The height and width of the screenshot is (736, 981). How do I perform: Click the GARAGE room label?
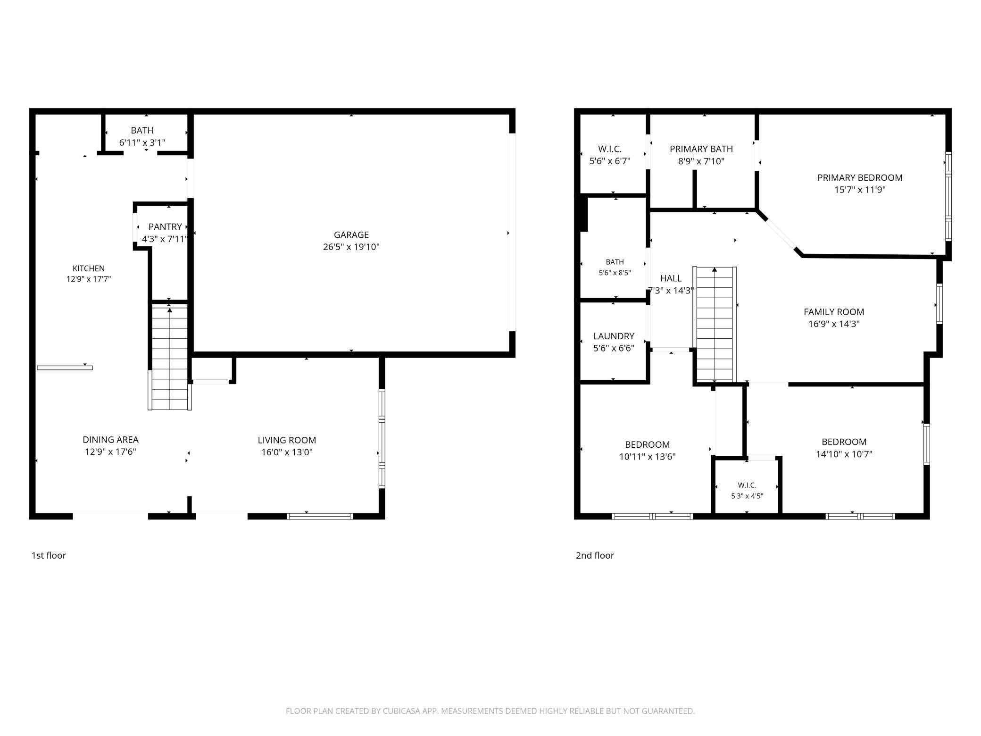[351, 234]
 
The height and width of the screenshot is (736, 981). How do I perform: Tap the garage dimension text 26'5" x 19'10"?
[351, 247]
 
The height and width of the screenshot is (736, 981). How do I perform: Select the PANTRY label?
[165, 227]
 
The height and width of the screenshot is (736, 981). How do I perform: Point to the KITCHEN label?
[89, 268]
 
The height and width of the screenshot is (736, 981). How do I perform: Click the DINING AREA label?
[110, 440]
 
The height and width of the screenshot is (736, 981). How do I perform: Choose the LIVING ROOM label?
[287, 440]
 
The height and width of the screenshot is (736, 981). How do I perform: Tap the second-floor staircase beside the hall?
[715, 324]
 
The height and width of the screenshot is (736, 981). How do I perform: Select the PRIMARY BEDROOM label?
[860, 177]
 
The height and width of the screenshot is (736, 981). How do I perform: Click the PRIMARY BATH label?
[701, 149]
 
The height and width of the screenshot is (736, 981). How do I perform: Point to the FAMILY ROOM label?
[834, 312]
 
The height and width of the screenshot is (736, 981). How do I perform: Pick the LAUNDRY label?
[614, 336]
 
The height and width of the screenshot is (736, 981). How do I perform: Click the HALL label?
[671, 278]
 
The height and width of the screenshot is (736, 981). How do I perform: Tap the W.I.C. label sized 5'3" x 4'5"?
[747, 485]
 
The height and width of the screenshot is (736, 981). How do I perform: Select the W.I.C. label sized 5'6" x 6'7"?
[610, 149]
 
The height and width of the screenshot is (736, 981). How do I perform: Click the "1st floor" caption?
[49, 555]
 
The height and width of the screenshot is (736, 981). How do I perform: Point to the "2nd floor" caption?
[595, 555]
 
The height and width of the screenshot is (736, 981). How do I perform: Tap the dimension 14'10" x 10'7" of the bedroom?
[844, 454]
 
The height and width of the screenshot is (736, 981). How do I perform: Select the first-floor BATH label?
[142, 130]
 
